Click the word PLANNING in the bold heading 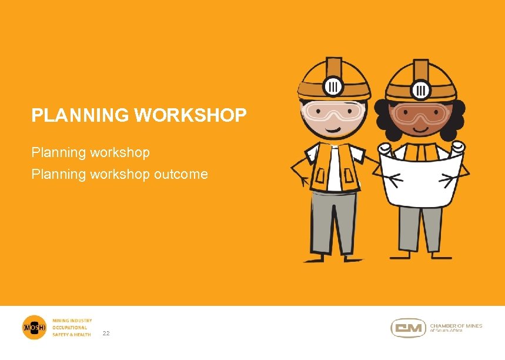click(x=81, y=115)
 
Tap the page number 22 click(x=106, y=334)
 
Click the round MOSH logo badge click(x=34, y=328)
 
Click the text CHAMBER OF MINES click(x=456, y=325)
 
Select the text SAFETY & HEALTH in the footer click(x=72, y=335)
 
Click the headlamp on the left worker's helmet click(x=333, y=86)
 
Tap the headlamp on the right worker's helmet click(x=420, y=89)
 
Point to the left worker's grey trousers click(x=333, y=221)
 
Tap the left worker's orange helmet click(x=334, y=76)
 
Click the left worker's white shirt click(x=333, y=171)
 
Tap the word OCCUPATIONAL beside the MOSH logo click(x=70, y=328)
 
